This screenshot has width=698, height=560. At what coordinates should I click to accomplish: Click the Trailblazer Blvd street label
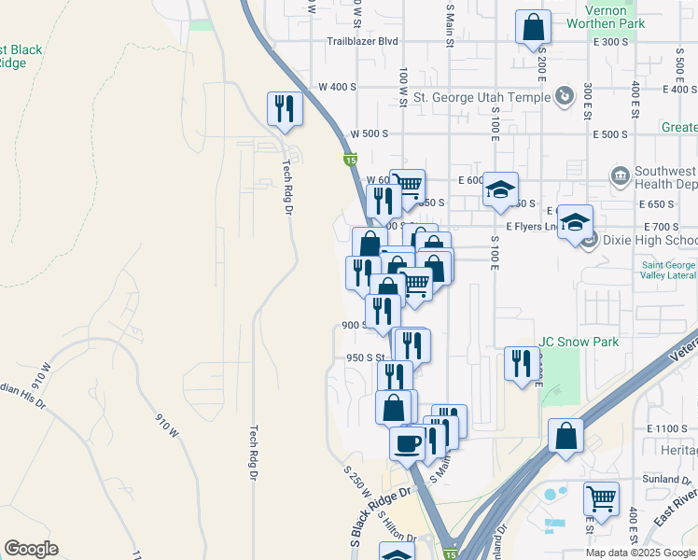[362, 42]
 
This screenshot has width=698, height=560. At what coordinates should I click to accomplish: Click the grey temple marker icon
[564, 96]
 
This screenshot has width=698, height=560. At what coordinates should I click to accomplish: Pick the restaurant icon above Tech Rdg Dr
[284, 108]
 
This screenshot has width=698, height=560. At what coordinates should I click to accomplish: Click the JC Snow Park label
[579, 343]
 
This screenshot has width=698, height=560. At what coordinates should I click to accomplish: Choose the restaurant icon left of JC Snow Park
[520, 363]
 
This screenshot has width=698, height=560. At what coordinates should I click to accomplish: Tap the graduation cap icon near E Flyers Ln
[575, 222]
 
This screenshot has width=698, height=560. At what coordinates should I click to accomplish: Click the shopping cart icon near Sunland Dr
[601, 497]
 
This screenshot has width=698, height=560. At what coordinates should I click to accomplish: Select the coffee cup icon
[406, 442]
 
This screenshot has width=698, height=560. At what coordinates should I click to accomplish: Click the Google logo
[31, 549]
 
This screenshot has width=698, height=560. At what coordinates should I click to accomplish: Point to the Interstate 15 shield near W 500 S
[350, 161]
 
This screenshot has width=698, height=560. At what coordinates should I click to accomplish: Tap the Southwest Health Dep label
[664, 178]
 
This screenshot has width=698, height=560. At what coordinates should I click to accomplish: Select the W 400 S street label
[337, 87]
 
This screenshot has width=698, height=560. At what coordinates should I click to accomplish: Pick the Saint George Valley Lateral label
[668, 270]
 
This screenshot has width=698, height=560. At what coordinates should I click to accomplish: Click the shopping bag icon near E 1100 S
[565, 437]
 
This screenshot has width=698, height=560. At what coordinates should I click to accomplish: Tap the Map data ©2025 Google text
[640, 553]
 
